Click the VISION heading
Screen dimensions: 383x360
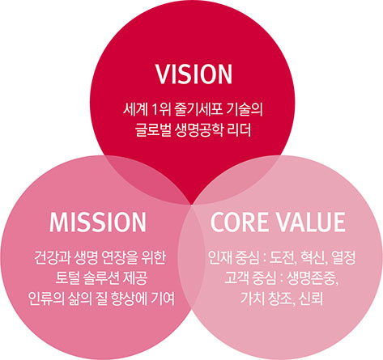pos(194,74)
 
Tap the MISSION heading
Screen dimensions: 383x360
pos(98,222)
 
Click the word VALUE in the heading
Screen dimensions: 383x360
pos(310,222)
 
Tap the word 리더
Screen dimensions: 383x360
pos(240,129)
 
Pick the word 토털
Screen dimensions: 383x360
pos(67,278)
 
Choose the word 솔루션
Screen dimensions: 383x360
pos(101,278)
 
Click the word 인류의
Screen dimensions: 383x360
pos(45,299)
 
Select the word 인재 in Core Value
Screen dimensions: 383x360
pos(219,258)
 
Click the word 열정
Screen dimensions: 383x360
pos(343,258)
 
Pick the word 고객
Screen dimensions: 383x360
pos(236,278)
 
